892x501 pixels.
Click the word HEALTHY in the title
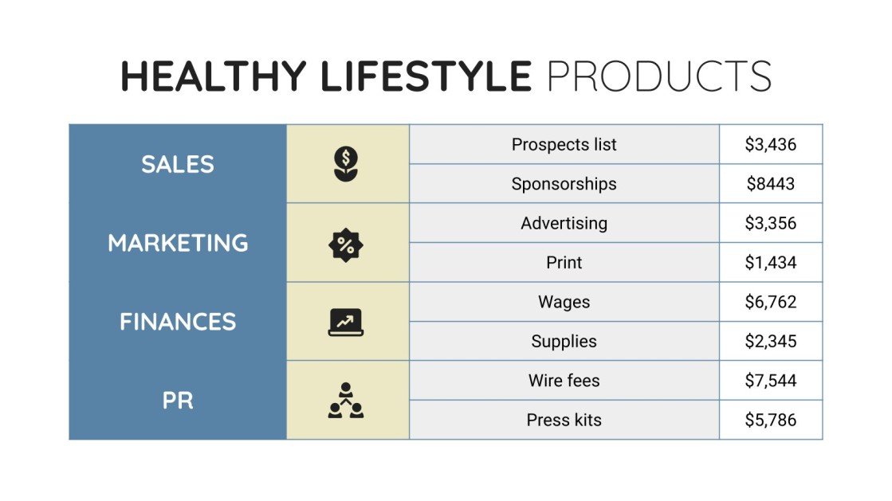pos(213,76)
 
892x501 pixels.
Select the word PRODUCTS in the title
pos(659,76)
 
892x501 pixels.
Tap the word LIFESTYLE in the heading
pos(426,76)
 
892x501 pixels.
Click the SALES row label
pos(178,164)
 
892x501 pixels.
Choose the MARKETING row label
pos(178,243)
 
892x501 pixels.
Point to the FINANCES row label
pos(178,322)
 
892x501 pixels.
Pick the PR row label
pos(178,401)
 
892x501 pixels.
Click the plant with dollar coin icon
pos(346,163)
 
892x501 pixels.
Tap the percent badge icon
pos(346,245)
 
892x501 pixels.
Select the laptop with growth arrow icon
pos(346,322)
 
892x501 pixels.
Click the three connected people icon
pos(346,401)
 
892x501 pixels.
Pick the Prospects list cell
pos(564,144)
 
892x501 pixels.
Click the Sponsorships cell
pos(564,184)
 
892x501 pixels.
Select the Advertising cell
pos(564,223)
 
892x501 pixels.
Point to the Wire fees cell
pos(564,381)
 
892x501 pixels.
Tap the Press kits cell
pos(564,420)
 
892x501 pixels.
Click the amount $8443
pos(771,184)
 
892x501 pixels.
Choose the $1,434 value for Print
pos(771,263)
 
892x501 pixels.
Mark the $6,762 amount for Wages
pos(771,302)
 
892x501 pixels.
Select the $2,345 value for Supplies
pos(771,342)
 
